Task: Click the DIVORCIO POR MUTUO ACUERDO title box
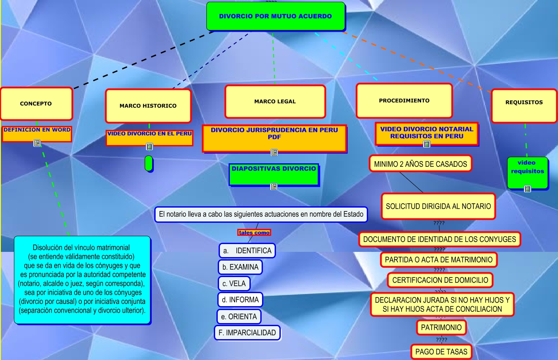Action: coord(276,17)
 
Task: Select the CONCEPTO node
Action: coord(36,104)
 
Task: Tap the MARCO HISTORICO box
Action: coord(148,106)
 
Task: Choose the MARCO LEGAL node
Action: coord(275,102)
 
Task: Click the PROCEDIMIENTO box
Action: coord(404,101)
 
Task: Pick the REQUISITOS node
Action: coord(524,103)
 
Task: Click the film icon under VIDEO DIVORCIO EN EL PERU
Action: coord(149,147)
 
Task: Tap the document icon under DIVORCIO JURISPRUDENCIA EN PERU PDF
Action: coord(274,152)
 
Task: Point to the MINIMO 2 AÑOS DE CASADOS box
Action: coord(420,164)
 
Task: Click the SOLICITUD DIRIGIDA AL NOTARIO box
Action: coord(438,206)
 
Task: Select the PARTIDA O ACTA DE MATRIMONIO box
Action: coord(439,260)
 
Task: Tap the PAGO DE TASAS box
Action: coord(441,351)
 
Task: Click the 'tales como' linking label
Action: coord(254,232)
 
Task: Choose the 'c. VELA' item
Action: coord(234,284)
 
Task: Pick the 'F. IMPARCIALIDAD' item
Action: coord(247,333)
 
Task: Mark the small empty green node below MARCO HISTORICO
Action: coord(149,163)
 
